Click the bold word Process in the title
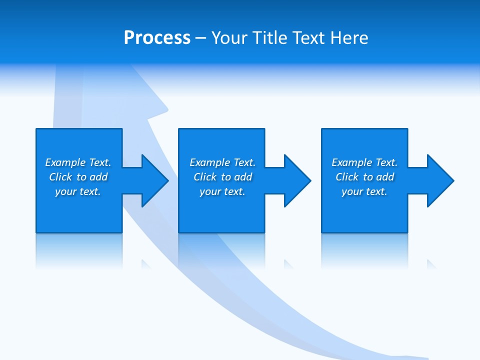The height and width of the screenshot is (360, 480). (157, 37)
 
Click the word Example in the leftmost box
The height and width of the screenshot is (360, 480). (65, 162)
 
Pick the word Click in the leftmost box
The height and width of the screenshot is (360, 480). (61, 177)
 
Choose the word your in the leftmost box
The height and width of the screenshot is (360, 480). (65, 191)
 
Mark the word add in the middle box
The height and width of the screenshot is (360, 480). (243, 177)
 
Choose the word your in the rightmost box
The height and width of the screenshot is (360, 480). (352, 191)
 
